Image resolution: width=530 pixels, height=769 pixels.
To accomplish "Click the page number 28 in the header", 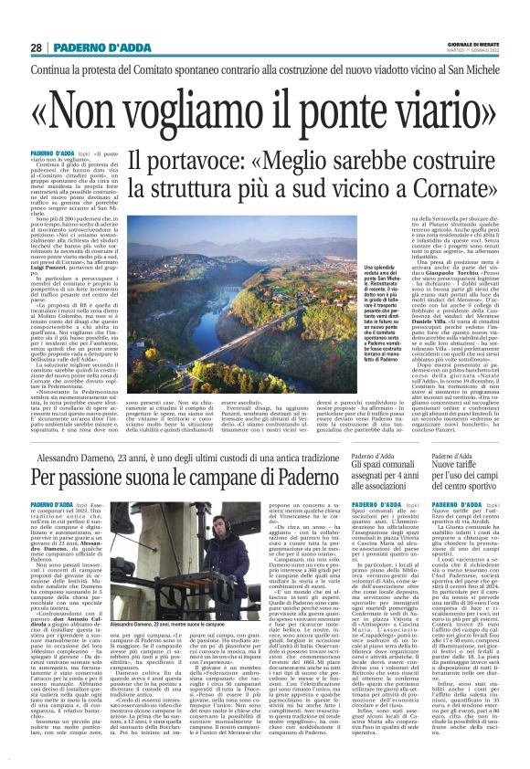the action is coord(36,47).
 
